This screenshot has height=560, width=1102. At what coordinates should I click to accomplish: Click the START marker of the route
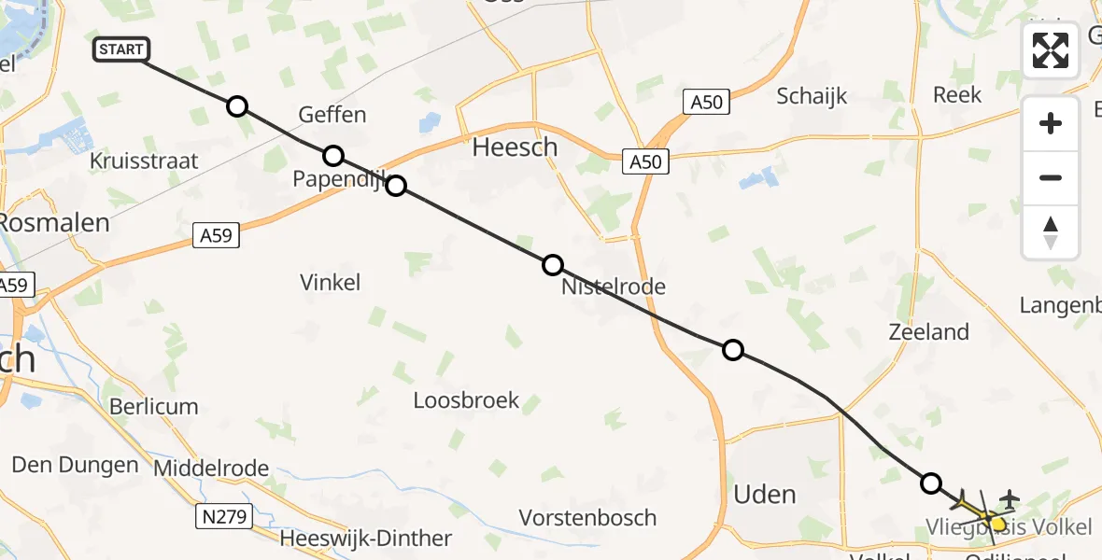pyautogui.click(x=121, y=49)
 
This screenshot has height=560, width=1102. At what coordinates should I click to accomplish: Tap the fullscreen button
pyautogui.click(x=1051, y=50)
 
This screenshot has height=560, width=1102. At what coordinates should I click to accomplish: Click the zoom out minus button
pyautogui.click(x=1051, y=177)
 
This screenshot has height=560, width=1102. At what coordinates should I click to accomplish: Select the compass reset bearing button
pyautogui.click(x=1051, y=232)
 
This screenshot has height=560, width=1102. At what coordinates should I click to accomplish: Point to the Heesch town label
pyautogui.click(x=515, y=147)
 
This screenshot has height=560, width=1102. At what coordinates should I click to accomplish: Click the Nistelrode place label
pyautogui.click(x=614, y=287)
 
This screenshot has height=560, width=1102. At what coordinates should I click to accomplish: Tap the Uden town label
pyautogui.click(x=765, y=494)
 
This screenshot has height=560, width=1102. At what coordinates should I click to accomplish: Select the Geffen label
pyautogui.click(x=332, y=115)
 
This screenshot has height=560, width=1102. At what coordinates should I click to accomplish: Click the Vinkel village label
pyautogui.click(x=331, y=282)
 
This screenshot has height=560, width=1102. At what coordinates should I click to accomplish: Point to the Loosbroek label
pyautogui.click(x=467, y=400)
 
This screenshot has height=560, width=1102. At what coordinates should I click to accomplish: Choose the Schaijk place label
pyautogui.click(x=812, y=95)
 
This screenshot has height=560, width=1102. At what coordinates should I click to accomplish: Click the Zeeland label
pyautogui.click(x=929, y=331)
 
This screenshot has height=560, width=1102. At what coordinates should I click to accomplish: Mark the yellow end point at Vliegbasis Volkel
pyautogui.click(x=998, y=525)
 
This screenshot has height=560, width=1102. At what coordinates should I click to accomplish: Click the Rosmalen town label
pyautogui.click(x=54, y=223)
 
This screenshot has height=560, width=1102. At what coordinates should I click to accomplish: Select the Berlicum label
pyautogui.click(x=154, y=407)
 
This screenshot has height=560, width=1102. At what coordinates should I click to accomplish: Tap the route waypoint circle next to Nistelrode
pyautogui.click(x=553, y=265)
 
